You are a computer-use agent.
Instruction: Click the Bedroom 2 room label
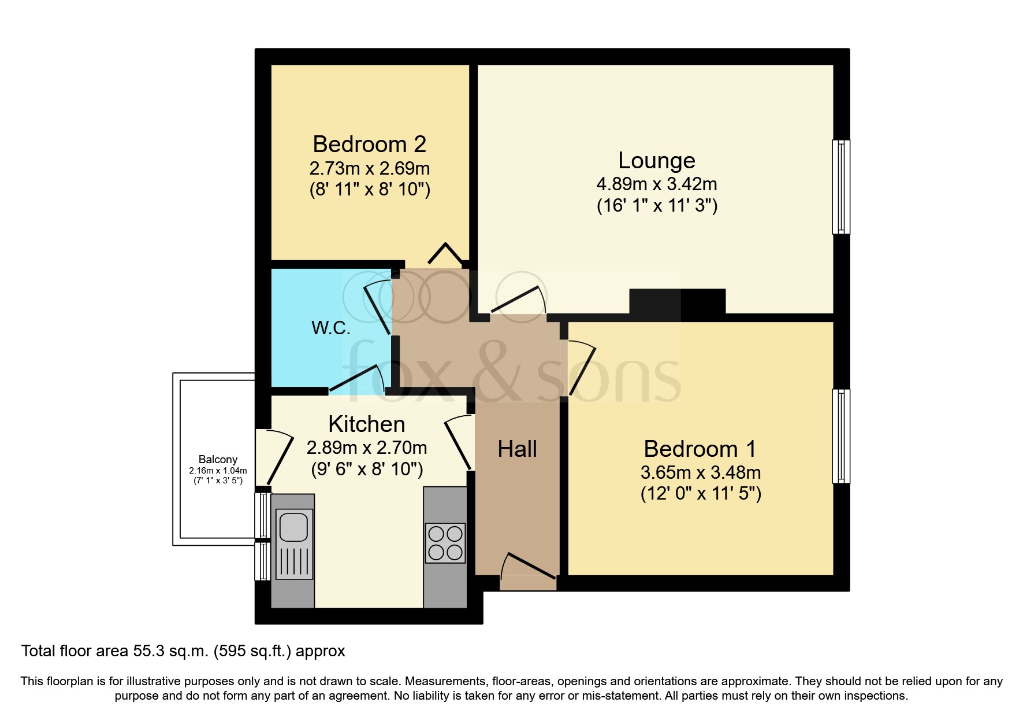pos(369,144)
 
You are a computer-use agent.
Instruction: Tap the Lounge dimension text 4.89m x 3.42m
pos(656,184)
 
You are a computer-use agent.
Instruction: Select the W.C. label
pos(331,328)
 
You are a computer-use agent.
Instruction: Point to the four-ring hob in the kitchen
pos(445,542)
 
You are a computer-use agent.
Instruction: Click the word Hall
pos(517,449)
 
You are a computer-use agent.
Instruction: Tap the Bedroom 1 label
pos(700,449)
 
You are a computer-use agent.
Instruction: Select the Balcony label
pos(218,459)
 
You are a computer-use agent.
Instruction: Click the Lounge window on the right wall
pos(841,187)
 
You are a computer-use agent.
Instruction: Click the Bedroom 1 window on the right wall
pos(841,436)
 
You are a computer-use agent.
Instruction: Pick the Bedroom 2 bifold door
pos(445,254)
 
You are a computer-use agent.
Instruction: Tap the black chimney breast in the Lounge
pos(676,302)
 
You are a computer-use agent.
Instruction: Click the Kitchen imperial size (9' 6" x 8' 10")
pos(367,469)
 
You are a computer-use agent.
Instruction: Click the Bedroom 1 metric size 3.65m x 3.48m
pos(700,472)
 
